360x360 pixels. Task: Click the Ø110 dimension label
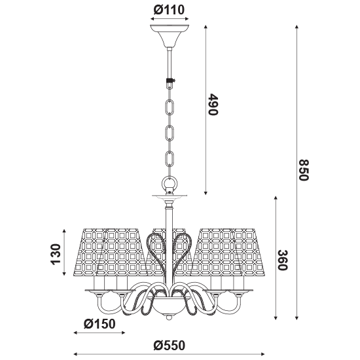click(x=169, y=10)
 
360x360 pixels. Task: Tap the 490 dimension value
click(x=213, y=104)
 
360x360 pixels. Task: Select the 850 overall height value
click(x=304, y=170)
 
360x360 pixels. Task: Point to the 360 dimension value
click(x=283, y=260)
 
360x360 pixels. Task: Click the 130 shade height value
click(x=56, y=255)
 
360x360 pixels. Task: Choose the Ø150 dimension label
click(x=99, y=324)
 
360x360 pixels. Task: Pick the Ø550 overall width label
click(x=170, y=346)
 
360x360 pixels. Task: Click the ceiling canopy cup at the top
click(x=170, y=35)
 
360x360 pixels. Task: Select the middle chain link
click(x=170, y=133)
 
